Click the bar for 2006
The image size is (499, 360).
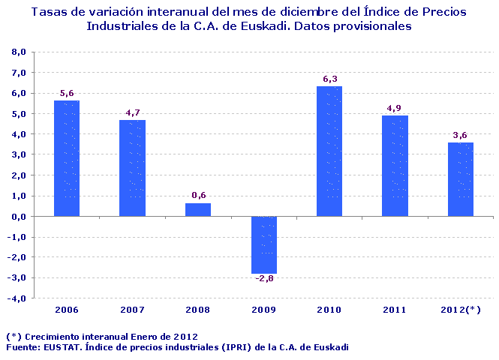click(x=67, y=158)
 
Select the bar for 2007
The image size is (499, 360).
click(x=133, y=168)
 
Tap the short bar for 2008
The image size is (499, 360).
click(x=198, y=209)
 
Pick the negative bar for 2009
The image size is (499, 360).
click(x=264, y=244)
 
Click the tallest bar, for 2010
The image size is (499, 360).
click(x=329, y=151)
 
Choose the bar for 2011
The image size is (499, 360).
click(x=395, y=166)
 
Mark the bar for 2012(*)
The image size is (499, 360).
click(x=461, y=179)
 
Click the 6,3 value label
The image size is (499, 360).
click(x=330, y=79)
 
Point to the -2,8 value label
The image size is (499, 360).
click(x=263, y=280)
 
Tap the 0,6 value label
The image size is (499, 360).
click(x=199, y=196)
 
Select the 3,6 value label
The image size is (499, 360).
click(x=461, y=135)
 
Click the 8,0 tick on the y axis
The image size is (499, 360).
click(x=19, y=52)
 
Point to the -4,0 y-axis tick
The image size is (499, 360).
click(x=17, y=298)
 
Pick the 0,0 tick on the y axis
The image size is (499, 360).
click(x=19, y=216)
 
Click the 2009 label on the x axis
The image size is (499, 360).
click(x=264, y=309)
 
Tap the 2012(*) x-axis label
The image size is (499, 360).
click(x=461, y=309)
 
